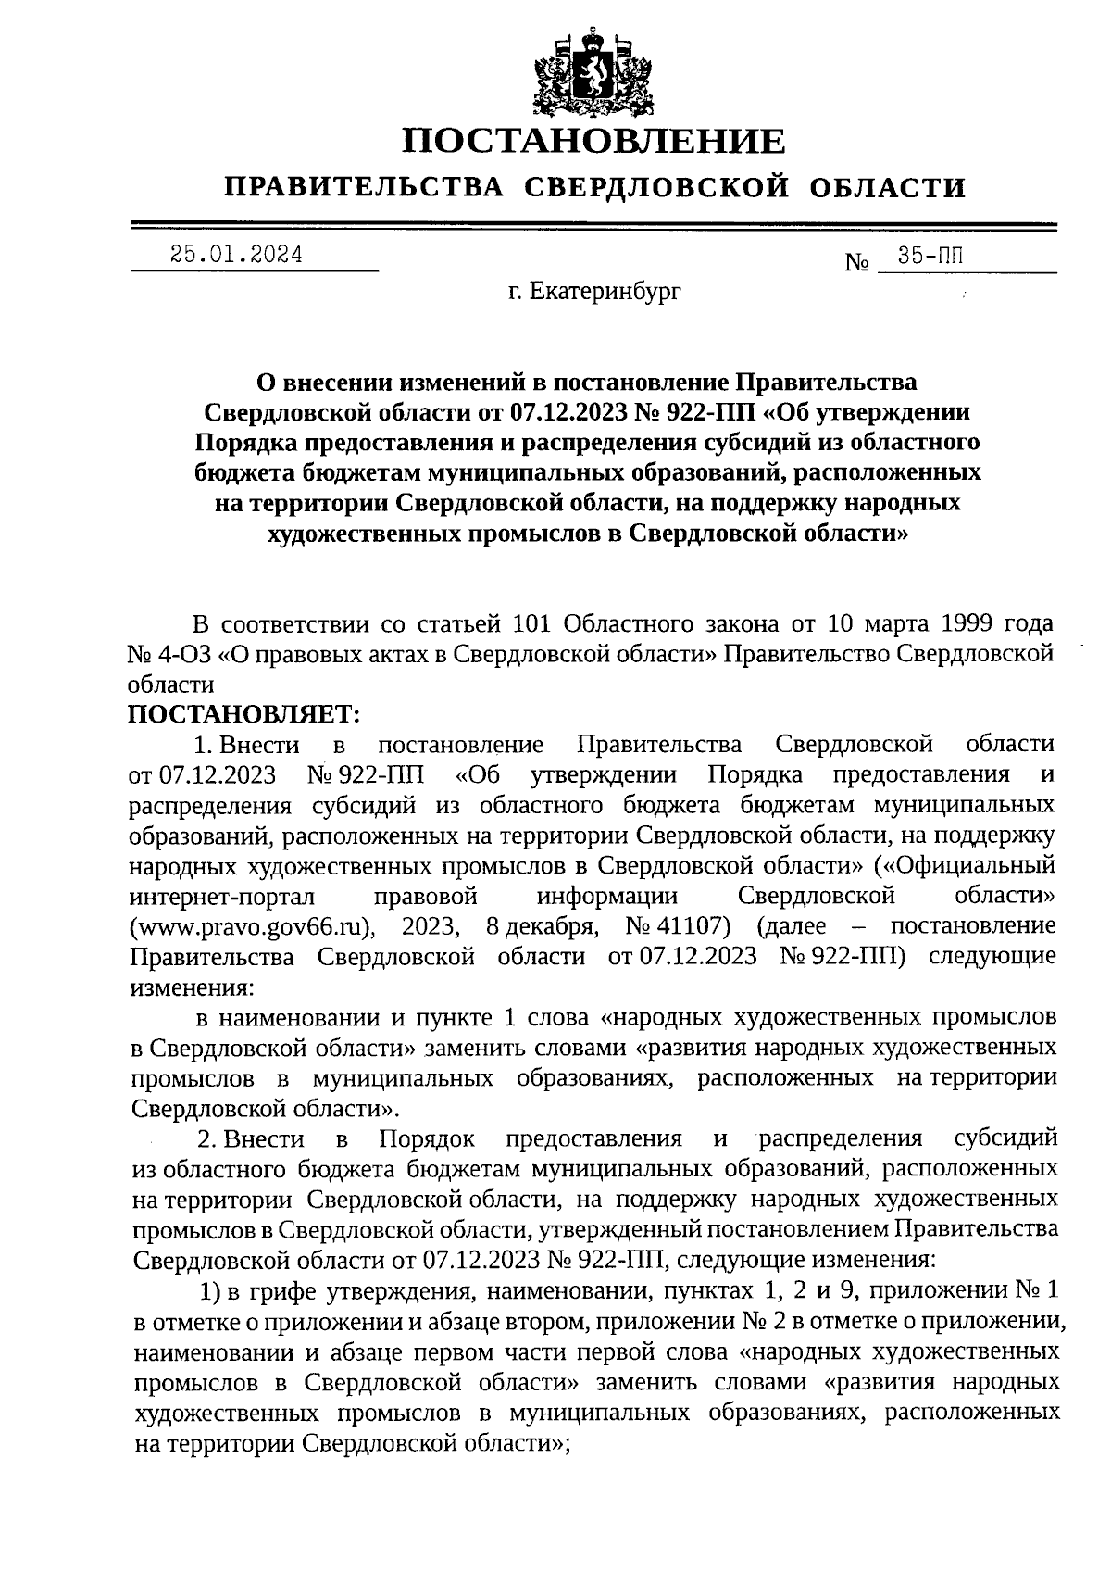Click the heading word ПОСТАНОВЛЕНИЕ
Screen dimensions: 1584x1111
coord(593,142)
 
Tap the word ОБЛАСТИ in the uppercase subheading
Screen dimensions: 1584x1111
coord(888,188)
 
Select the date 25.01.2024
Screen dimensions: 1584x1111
coord(237,254)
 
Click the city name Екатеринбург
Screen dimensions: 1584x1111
coord(593,293)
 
